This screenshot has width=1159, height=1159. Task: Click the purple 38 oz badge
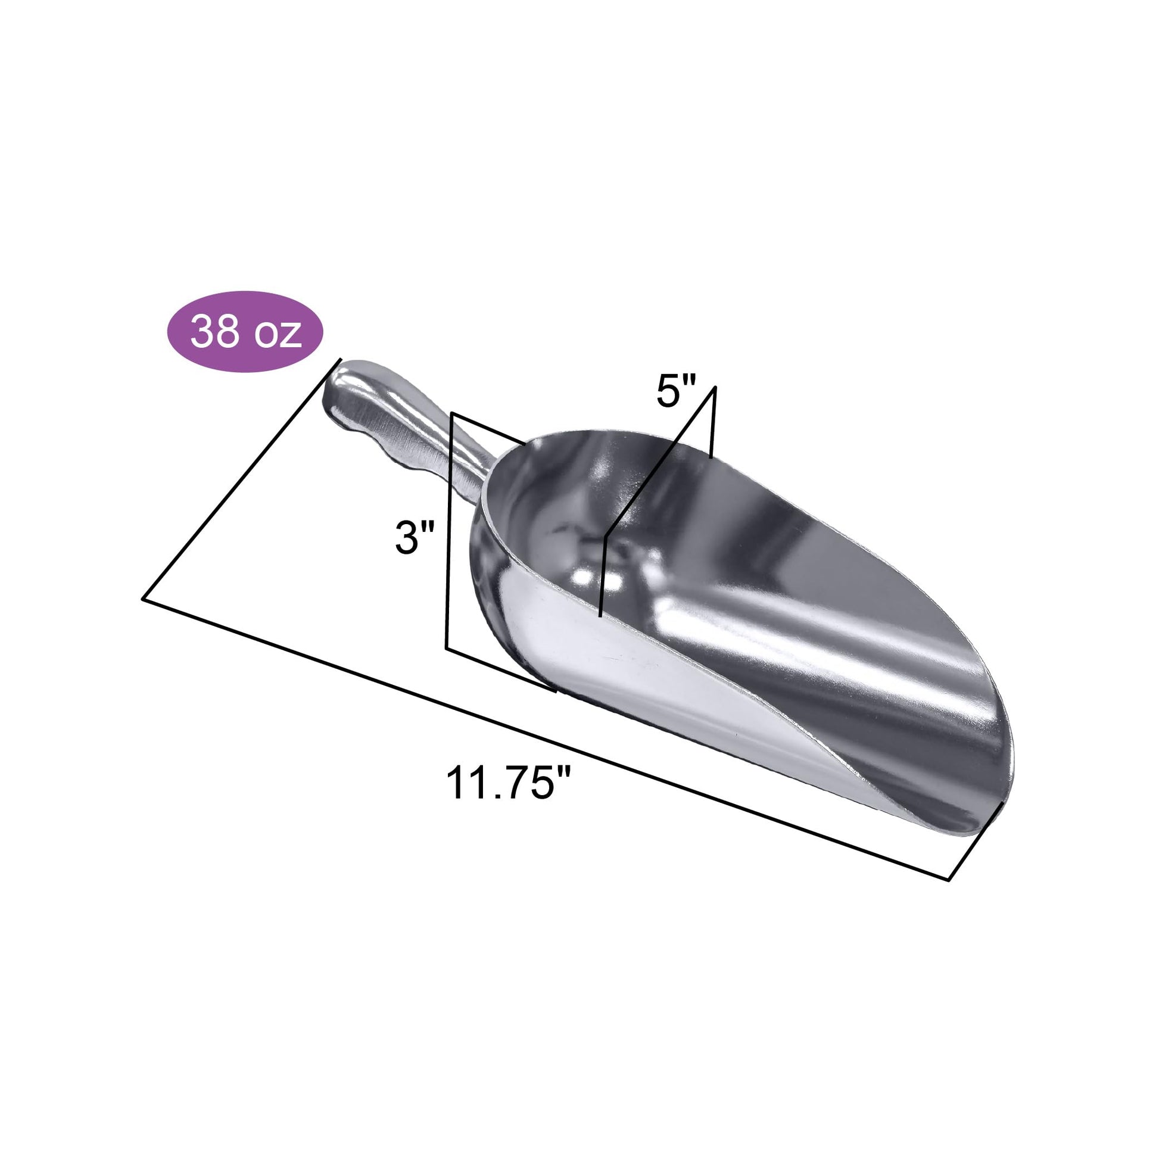pos(245,332)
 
